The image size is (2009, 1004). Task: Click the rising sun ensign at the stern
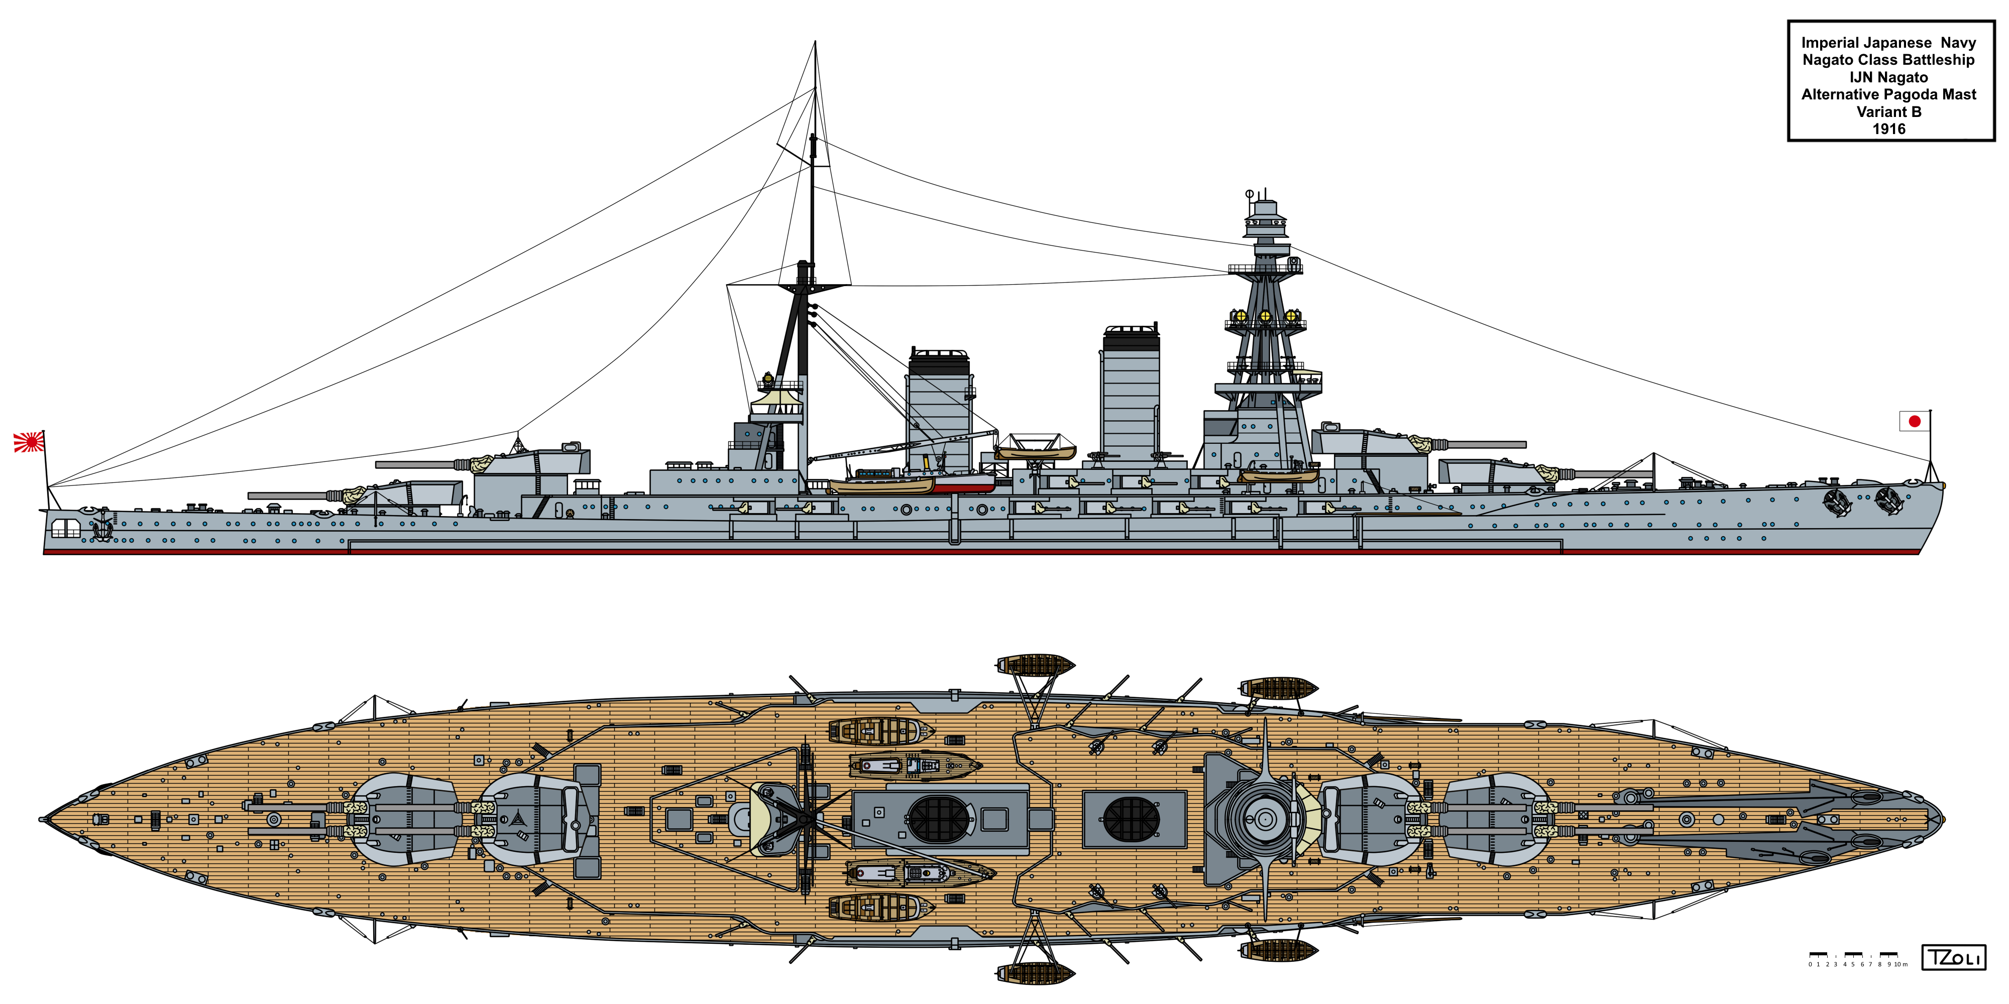[29, 442]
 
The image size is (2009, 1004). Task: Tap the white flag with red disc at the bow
[1914, 421]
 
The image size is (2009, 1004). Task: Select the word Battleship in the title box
[1938, 60]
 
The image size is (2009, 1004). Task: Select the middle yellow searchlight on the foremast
[1265, 316]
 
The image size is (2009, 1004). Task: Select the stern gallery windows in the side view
[65, 529]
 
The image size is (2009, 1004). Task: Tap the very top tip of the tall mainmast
[815, 42]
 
